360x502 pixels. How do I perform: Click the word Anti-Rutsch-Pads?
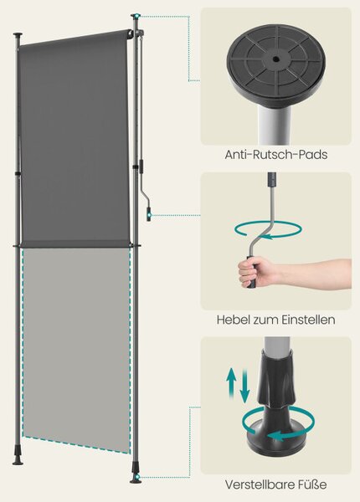point(275,155)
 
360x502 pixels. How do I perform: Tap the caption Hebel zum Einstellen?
point(275,320)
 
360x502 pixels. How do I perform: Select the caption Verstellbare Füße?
point(275,484)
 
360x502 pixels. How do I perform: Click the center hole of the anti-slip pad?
point(275,59)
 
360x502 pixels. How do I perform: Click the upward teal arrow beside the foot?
point(231,383)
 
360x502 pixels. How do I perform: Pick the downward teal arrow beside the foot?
point(244,386)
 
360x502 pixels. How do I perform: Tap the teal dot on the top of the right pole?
point(137,16)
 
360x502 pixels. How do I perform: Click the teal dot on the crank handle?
point(149,215)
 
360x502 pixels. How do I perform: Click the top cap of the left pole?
point(18,34)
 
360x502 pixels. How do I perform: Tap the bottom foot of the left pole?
point(18,459)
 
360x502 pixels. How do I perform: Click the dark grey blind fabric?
point(75,138)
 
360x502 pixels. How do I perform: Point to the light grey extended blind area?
point(76,349)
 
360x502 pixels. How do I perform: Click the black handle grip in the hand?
point(251,271)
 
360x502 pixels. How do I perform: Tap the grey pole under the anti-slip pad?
point(275,125)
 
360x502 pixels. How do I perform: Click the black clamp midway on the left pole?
point(18,173)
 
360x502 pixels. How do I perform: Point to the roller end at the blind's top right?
point(131,33)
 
